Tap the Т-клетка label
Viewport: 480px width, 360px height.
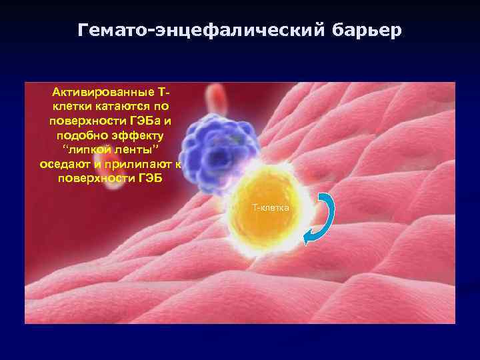coord(271,208)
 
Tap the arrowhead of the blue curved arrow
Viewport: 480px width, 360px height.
coord(308,239)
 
